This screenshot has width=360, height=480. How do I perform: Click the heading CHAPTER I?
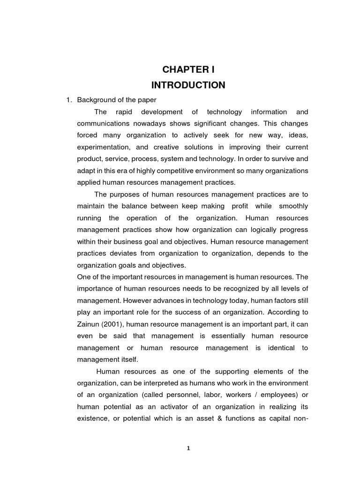tap(188, 70)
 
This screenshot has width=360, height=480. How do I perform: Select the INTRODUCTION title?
tap(188, 85)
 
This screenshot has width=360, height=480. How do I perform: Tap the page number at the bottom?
tap(188, 448)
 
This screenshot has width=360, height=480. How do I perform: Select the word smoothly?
tap(293, 206)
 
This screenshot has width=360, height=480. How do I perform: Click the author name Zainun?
tap(88, 324)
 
